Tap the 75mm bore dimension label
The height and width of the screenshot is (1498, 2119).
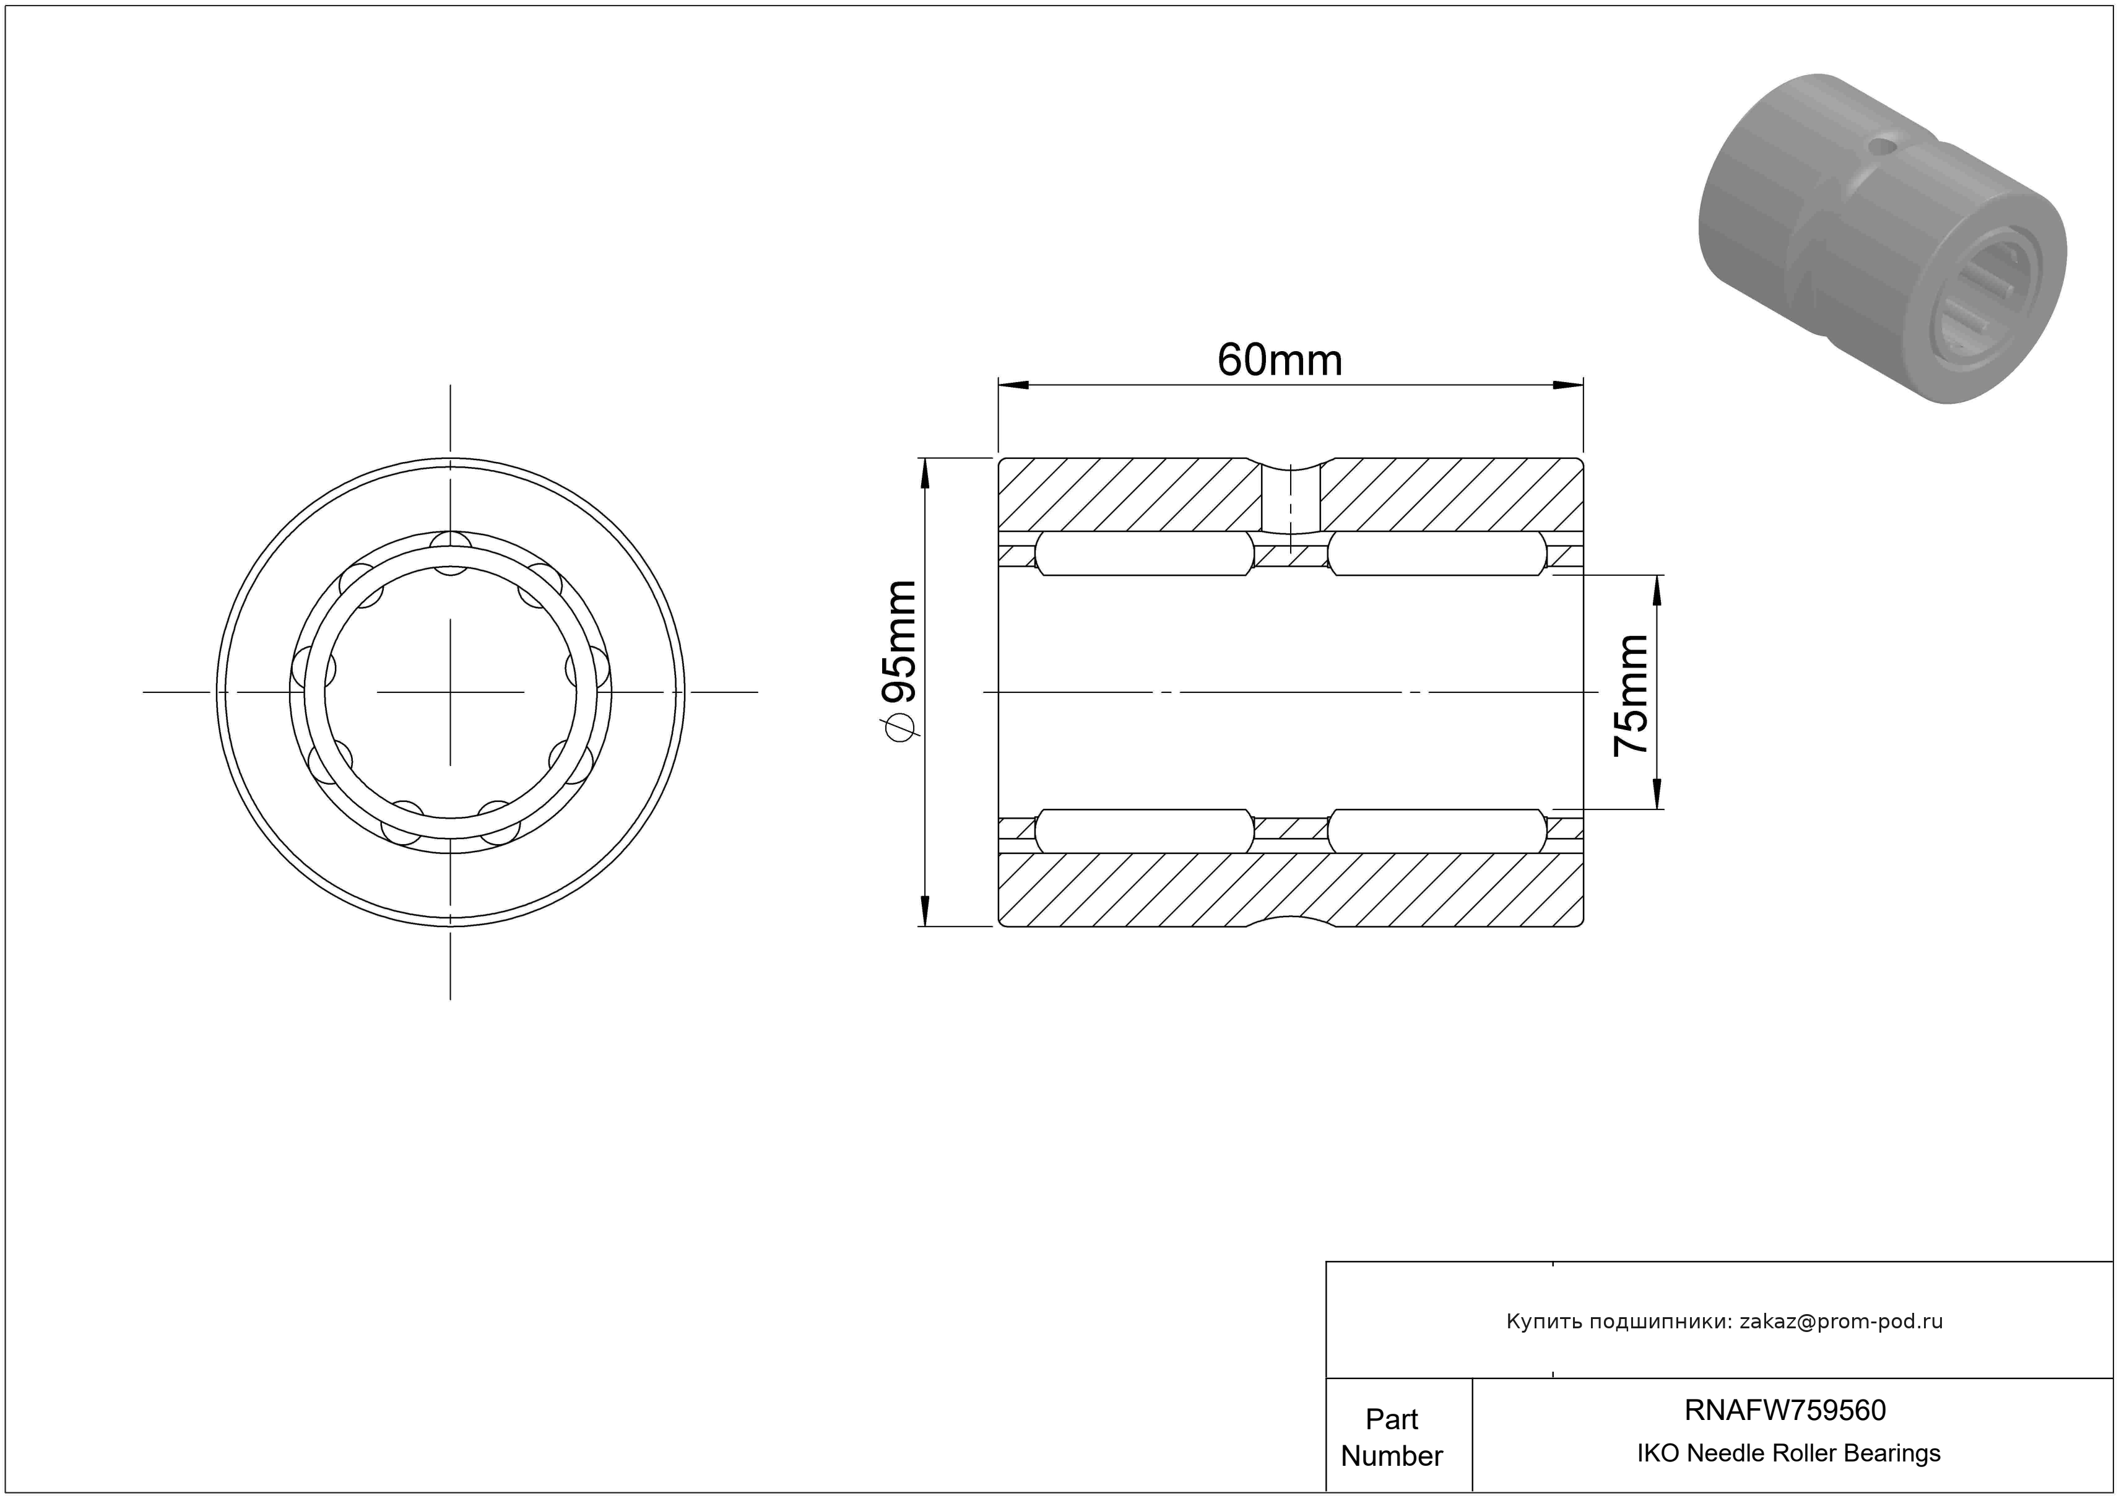[x=1631, y=695]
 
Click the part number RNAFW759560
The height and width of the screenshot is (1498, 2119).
[x=1785, y=1409]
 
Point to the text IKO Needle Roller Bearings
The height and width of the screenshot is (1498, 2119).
[x=1788, y=1453]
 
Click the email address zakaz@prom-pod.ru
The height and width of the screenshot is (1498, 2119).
[x=1841, y=1321]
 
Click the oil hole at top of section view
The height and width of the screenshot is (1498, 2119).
[x=1290, y=499]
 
